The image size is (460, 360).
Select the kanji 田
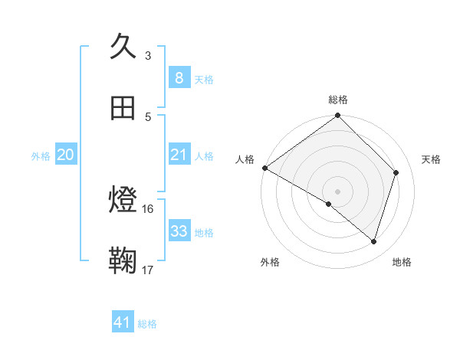(123, 109)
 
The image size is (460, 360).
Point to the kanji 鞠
(123, 261)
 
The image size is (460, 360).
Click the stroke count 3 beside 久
(148, 55)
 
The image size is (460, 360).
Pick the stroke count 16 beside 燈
(148, 208)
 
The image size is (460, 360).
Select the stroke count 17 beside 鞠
(148, 270)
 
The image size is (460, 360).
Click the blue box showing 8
(179, 77)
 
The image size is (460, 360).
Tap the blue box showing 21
(179, 155)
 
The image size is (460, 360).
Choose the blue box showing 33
(179, 231)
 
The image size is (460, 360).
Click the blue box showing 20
(66, 155)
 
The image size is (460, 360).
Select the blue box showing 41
(123, 322)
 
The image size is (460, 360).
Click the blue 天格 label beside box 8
(204, 79)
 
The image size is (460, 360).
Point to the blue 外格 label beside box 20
(41, 156)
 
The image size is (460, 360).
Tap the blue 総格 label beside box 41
(147, 324)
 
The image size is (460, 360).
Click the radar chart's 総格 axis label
(337, 100)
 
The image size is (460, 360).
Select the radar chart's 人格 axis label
(245, 159)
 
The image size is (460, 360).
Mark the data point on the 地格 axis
(374, 241)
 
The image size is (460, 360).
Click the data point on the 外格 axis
(328, 204)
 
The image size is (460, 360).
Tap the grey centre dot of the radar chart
(337, 191)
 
